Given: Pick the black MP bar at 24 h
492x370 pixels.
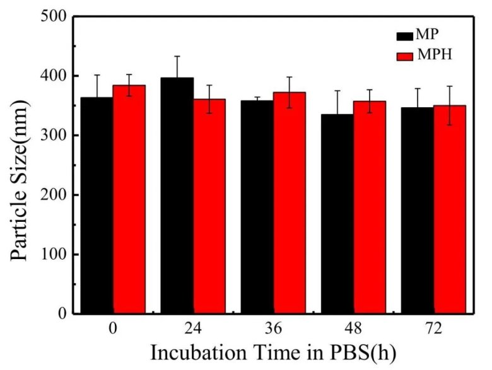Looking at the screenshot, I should pyautogui.click(x=177, y=195).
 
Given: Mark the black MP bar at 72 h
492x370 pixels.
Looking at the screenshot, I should pyautogui.click(x=417, y=211).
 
